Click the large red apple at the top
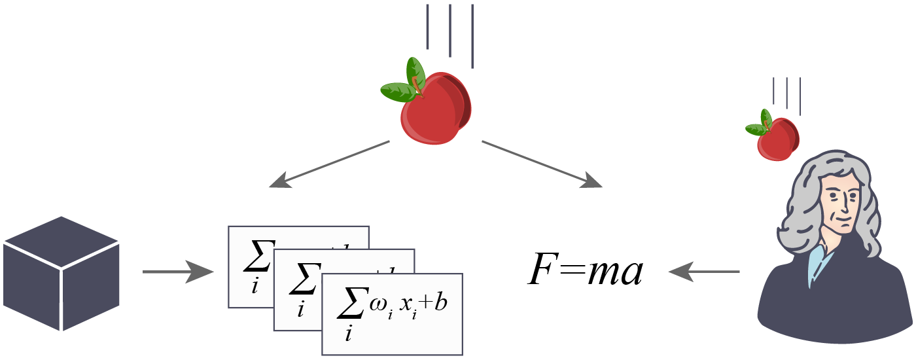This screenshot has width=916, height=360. [x=434, y=108]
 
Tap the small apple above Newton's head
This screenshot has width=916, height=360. [x=777, y=139]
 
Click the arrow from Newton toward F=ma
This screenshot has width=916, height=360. [x=703, y=271]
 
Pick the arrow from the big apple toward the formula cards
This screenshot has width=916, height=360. [x=330, y=164]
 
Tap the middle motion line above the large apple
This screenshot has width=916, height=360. [x=449, y=30]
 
